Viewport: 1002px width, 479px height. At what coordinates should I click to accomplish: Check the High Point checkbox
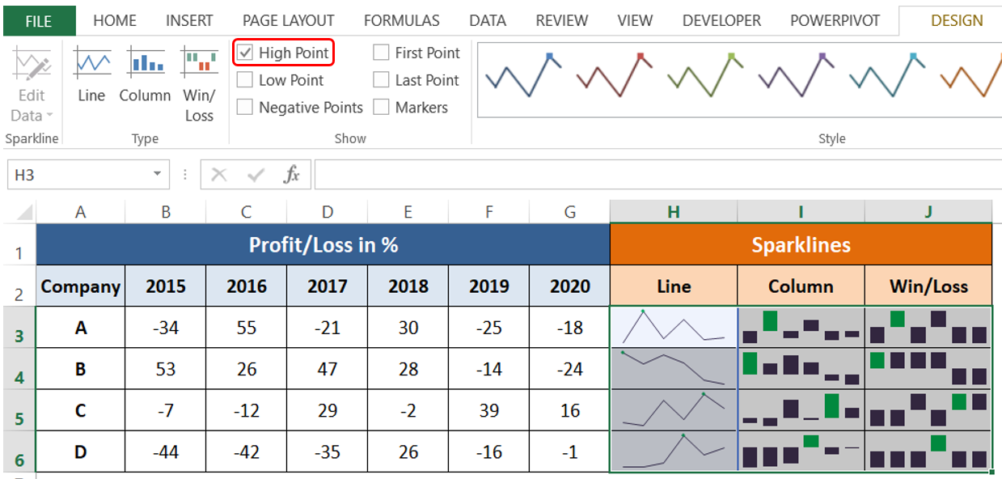245,53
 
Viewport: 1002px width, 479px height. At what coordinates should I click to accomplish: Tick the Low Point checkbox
245,80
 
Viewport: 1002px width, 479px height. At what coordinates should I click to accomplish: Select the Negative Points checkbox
245,107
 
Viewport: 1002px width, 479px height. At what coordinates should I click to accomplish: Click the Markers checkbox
381,107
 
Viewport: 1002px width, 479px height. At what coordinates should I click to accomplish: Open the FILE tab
39,21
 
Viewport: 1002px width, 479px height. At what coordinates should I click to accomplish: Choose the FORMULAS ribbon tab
401,21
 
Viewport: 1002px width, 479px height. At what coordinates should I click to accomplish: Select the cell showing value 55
246,328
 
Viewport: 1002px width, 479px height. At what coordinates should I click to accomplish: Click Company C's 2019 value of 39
488,410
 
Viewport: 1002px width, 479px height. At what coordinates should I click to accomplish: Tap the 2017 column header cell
327,286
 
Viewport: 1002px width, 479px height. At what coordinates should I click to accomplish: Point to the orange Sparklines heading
801,244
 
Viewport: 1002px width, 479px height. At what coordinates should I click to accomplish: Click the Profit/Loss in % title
323,244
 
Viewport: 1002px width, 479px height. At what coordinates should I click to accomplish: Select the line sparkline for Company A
674,327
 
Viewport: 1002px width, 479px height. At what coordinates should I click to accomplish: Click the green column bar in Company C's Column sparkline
831,406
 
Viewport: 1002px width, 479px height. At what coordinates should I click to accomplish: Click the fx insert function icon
291,175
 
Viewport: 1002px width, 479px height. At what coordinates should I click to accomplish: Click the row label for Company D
80,451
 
